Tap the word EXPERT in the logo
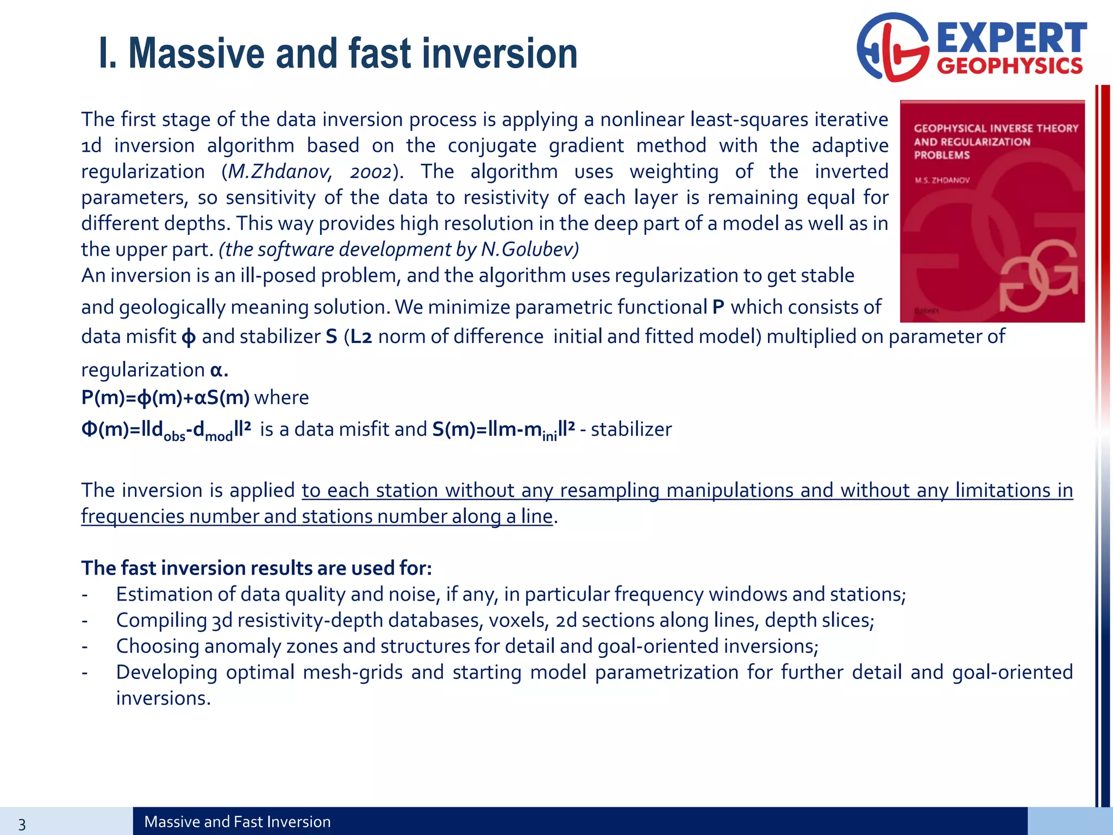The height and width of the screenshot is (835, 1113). [x=1011, y=38]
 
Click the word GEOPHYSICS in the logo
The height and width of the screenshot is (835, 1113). [x=1010, y=66]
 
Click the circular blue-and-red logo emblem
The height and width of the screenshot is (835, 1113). [x=893, y=48]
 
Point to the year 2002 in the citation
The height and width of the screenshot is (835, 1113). [x=370, y=172]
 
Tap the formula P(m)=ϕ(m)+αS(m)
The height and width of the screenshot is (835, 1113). [x=165, y=398]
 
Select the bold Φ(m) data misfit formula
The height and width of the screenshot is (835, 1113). [x=166, y=430]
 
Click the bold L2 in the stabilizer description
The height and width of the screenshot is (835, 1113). [x=361, y=337]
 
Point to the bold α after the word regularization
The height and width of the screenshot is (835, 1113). [x=216, y=370]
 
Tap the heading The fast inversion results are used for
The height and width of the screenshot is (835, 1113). [x=257, y=568]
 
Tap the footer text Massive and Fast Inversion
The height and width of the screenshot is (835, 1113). [x=237, y=822]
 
